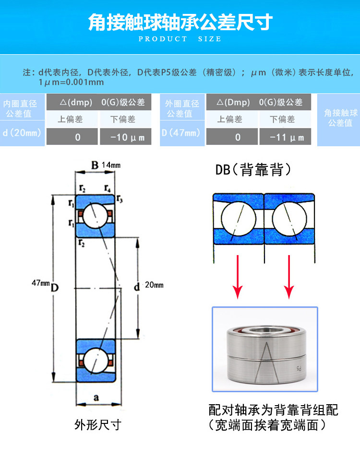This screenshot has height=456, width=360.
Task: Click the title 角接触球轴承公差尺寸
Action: click(x=180, y=22)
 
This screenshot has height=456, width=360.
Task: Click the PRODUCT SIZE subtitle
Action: click(x=180, y=39)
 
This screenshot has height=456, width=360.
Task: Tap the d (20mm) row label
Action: click(x=22, y=132)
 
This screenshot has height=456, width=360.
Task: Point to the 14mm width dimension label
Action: click(x=111, y=165)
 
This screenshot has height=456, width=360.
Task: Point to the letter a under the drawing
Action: click(x=96, y=398)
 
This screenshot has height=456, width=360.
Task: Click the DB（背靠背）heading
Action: click(x=252, y=169)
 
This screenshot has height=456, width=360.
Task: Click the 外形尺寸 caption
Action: click(x=98, y=424)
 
